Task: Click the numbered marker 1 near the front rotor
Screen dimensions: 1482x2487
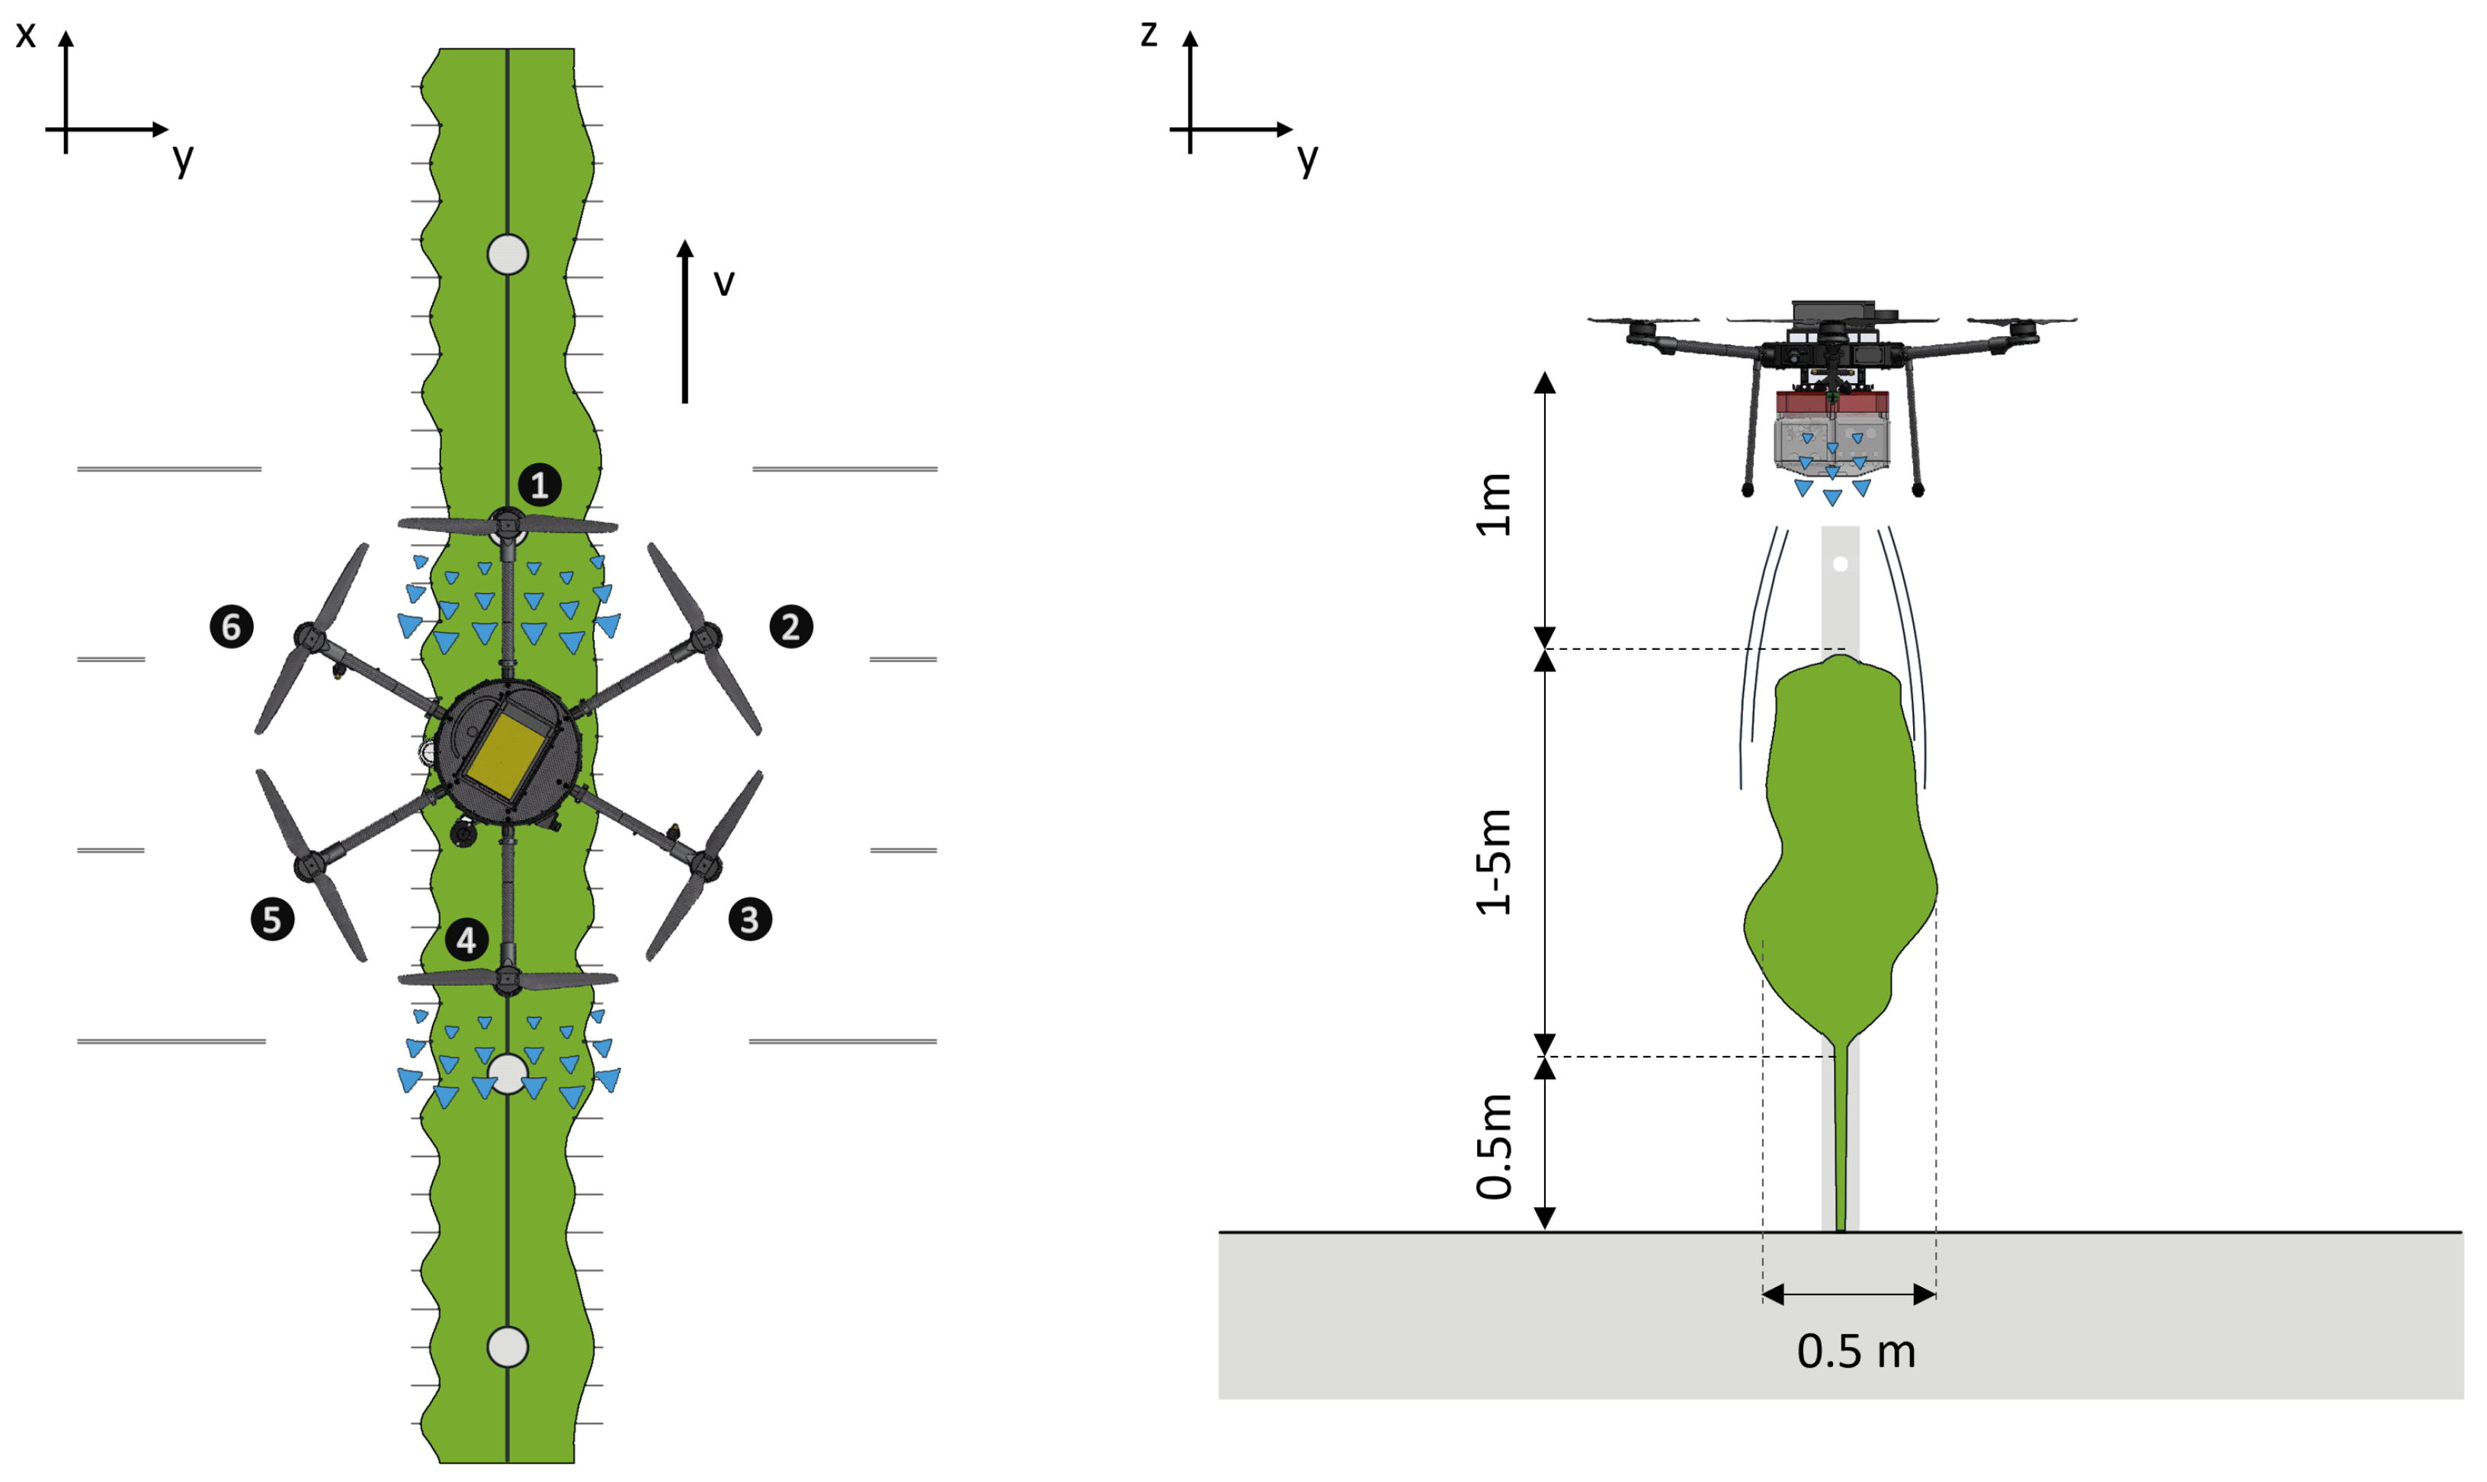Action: click(540, 485)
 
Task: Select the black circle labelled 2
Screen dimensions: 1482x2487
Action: click(791, 627)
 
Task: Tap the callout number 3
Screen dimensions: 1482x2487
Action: click(750, 920)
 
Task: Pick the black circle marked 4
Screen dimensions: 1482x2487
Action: click(466, 939)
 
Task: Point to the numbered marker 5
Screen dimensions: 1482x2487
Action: click(271, 920)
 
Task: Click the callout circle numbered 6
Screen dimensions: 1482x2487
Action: click(231, 627)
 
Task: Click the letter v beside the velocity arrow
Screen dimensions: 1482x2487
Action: click(724, 283)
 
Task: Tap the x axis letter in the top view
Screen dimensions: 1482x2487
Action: click(26, 36)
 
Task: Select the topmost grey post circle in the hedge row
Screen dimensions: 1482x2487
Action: click(508, 254)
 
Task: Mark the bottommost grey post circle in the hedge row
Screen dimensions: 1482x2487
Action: click(508, 1347)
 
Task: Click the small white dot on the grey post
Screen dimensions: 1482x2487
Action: click(1841, 565)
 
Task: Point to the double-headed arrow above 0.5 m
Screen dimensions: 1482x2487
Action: click(1850, 1295)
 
